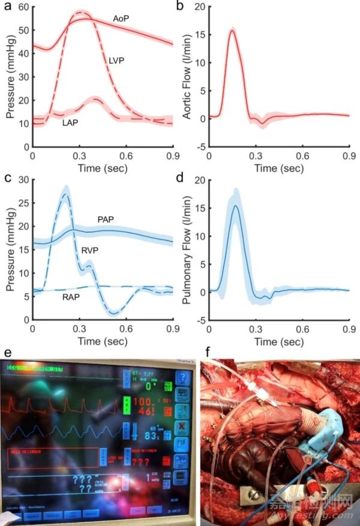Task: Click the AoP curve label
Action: (122, 19)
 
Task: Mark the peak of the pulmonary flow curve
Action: (236, 206)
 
